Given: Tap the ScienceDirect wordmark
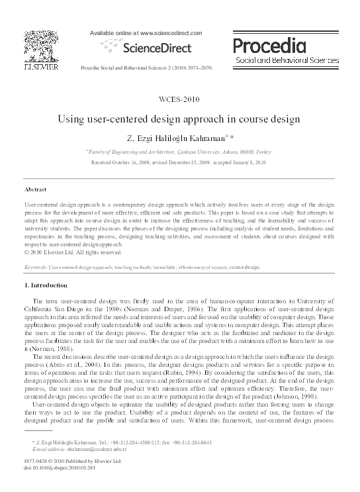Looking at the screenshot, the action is coord(147,47).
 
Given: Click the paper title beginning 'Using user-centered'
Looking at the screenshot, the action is coord(179,120).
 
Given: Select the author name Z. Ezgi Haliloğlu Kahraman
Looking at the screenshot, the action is coord(174,138).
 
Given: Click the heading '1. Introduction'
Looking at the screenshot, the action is coord(46,285).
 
